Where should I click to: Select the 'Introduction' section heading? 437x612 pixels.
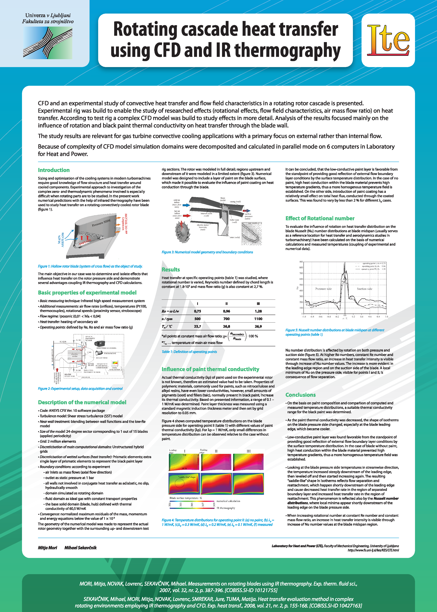pyautogui.click(x=54, y=170)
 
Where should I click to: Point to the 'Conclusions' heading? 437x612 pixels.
pyautogui.click(x=300, y=395)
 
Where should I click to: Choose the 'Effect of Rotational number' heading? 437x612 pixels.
pyautogui.click(x=320, y=218)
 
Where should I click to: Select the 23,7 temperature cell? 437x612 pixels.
pyautogui.click(x=198, y=326)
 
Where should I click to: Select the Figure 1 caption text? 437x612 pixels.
pyautogui.click(x=90, y=266)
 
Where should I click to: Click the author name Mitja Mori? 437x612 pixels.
pyautogui.click(x=47, y=548)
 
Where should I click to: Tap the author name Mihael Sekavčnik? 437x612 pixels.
pyautogui.click(x=80, y=548)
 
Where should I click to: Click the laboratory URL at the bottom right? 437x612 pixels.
pyautogui.click(x=373, y=550)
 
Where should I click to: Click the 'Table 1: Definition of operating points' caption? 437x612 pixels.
pyautogui.click(x=189, y=352)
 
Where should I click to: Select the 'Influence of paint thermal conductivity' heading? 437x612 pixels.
pyautogui.click(x=210, y=369)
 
